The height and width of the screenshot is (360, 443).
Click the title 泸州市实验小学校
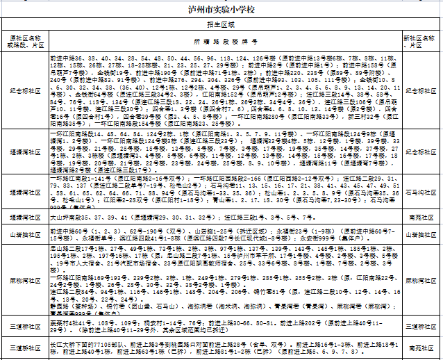[221, 12]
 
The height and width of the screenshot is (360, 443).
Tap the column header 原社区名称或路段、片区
[24, 40]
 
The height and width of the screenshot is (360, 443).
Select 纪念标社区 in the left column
[24, 90]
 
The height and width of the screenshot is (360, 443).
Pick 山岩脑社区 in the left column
[24, 235]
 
